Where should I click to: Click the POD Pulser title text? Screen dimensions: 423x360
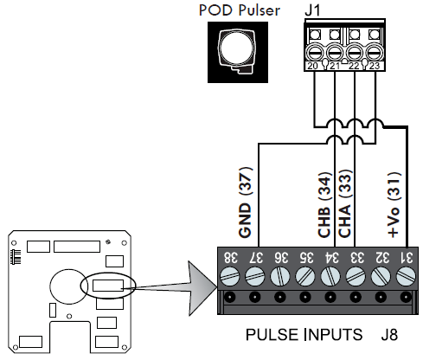[240, 10]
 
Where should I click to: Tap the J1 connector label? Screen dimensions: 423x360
[312, 10]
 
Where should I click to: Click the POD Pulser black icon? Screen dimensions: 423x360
[238, 52]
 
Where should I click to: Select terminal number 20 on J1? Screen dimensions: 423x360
[312, 66]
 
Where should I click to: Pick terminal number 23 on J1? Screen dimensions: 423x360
[374, 66]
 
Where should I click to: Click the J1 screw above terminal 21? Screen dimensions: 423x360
[335, 53]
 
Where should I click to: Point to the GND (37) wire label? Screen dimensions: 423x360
[246, 202]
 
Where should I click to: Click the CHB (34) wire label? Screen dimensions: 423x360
[324, 204]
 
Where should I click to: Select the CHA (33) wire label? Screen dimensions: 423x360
[345, 203]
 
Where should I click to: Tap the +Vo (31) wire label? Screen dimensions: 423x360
[394, 204]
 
